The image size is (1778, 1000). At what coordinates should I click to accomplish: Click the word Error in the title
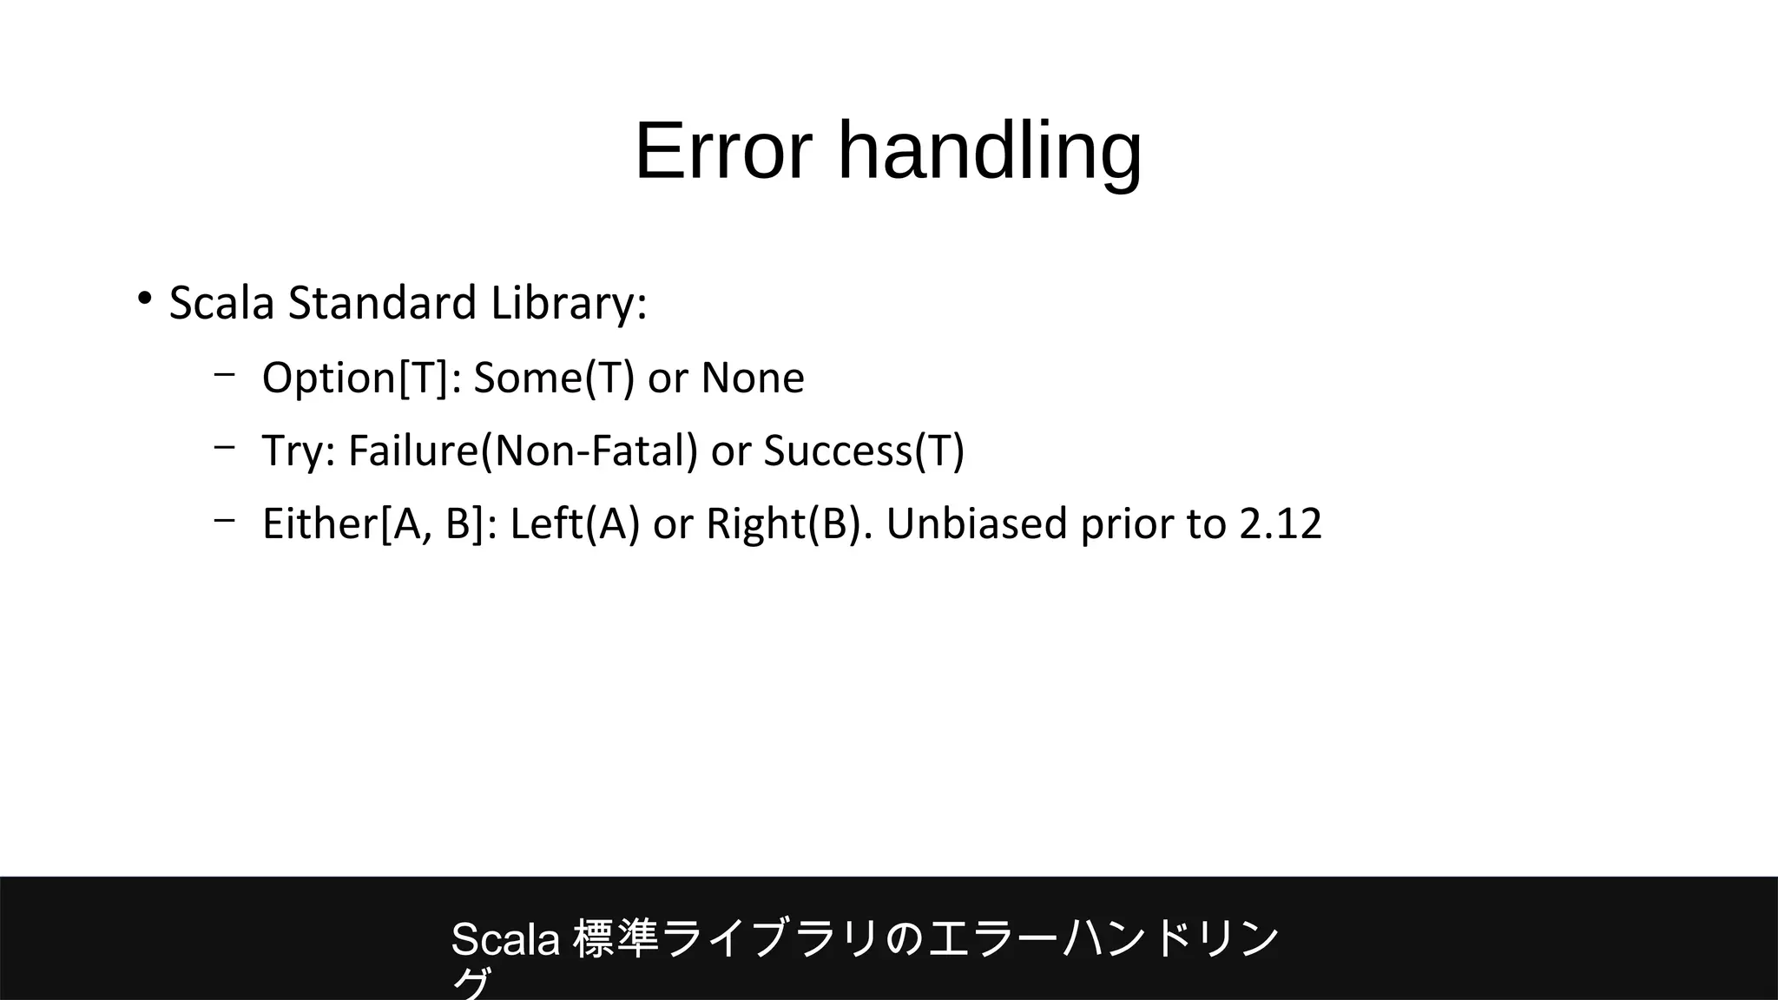tap(723, 151)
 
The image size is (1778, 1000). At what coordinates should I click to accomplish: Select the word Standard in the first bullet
tap(382, 303)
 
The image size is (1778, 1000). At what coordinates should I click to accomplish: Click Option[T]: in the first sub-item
tap(361, 378)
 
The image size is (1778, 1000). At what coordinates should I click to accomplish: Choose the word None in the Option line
tap(753, 378)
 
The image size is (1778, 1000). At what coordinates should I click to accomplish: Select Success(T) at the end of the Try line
tap(864, 451)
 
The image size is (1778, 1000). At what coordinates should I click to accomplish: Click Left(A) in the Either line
tap(574, 523)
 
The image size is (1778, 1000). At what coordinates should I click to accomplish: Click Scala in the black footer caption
tap(505, 939)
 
